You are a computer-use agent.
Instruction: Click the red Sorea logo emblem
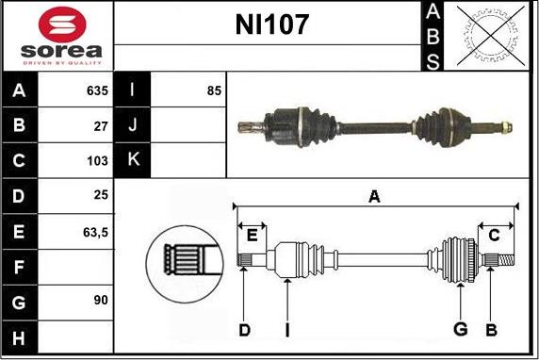[62, 25]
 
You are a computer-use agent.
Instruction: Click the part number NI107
[271, 25]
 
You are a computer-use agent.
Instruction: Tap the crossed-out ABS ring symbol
[491, 36]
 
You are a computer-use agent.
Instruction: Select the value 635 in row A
[97, 90]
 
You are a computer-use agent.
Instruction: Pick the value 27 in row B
[101, 126]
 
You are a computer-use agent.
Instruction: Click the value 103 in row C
[97, 160]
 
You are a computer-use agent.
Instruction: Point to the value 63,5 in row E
[95, 233]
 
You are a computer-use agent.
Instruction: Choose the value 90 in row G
[101, 300]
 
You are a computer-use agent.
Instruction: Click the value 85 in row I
[214, 90]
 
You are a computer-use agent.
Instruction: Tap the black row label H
[19, 338]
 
